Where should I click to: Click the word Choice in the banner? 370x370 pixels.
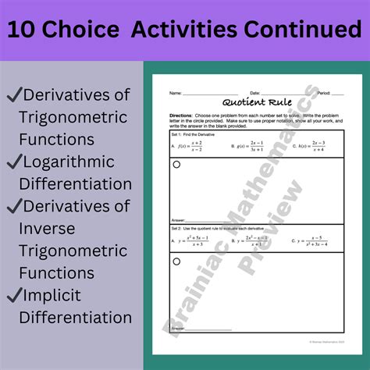(x=93, y=30)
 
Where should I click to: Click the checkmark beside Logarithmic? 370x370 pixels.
(x=14, y=162)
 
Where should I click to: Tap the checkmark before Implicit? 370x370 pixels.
(x=14, y=295)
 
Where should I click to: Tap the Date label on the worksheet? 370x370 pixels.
(x=255, y=93)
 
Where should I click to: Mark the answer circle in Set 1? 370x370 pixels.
(x=176, y=165)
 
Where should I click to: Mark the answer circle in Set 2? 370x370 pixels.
(x=176, y=261)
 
